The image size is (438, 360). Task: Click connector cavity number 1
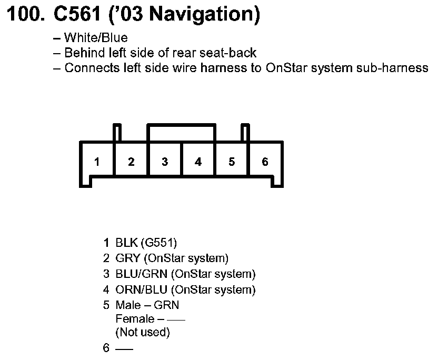click(97, 162)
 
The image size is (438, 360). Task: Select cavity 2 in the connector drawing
click(131, 162)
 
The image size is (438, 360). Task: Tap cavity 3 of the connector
click(165, 162)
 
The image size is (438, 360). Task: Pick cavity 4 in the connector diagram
click(198, 162)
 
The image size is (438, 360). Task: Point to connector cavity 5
click(232, 162)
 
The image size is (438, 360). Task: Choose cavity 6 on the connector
click(265, 162)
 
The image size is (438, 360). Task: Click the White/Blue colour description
click(96, 38)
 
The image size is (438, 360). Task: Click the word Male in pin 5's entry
click(128, 305)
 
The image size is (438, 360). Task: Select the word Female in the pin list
click(133, 319)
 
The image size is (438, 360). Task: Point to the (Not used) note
click(143, 332)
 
